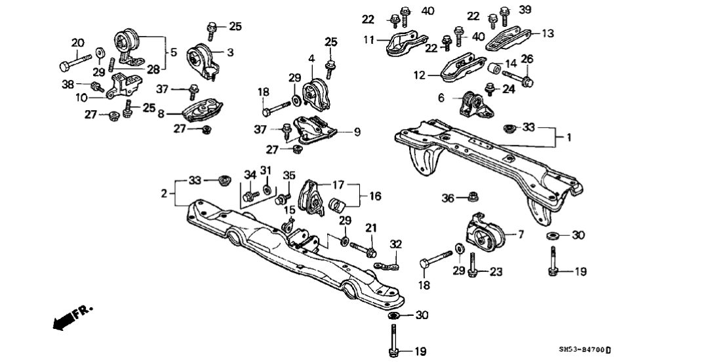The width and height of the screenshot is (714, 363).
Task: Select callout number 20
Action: (x=78, y=43)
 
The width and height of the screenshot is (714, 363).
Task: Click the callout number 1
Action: (x=568, y=138)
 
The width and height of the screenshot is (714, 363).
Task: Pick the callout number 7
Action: (x=521, y=234)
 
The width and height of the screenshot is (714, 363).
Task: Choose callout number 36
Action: (x=448, y=197)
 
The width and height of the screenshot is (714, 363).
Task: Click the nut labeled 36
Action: (x=475, y=195)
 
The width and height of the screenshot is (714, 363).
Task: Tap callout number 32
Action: (x=395, y=244)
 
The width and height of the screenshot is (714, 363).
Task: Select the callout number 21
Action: (x=372, y=227)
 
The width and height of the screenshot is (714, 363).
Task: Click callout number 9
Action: (x=357, y=132)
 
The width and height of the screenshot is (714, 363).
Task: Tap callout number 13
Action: (x=547, y=32)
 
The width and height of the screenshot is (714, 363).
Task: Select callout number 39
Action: (x=525, y=10)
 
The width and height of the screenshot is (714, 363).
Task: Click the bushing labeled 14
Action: (x=496, y=67)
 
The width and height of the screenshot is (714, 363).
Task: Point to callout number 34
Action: (x=250, y=175)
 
